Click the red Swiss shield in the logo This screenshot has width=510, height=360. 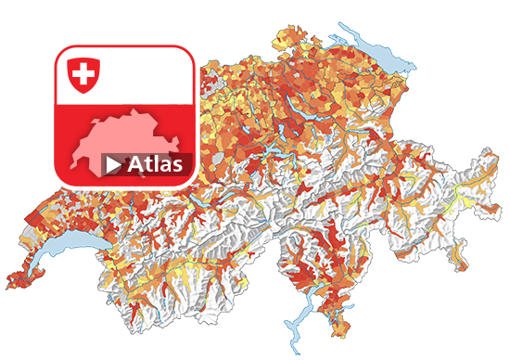[83, 73]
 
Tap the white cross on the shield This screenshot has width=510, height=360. [83, 71]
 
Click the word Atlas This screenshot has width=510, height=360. [157, 165]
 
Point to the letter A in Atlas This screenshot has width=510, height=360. [136, 165]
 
